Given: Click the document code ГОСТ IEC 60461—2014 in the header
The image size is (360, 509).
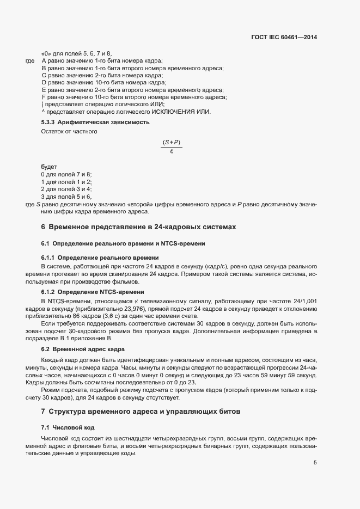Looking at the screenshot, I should point(285,38).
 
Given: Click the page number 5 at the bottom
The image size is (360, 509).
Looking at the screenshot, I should point(315,463).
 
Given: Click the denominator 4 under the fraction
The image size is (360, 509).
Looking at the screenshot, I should point(172,151).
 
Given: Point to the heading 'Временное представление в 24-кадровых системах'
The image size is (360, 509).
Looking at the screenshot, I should point(142,226).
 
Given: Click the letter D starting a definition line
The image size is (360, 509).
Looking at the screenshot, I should point(43,82).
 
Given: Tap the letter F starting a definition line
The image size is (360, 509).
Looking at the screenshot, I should point(43,97).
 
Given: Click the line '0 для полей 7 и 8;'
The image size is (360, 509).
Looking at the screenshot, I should point(66,174).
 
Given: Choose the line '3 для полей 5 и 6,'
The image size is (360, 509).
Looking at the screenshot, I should point(66,196).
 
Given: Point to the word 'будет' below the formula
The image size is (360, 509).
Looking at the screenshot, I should point(49,166).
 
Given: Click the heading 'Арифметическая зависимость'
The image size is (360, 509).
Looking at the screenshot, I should point(103,122).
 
